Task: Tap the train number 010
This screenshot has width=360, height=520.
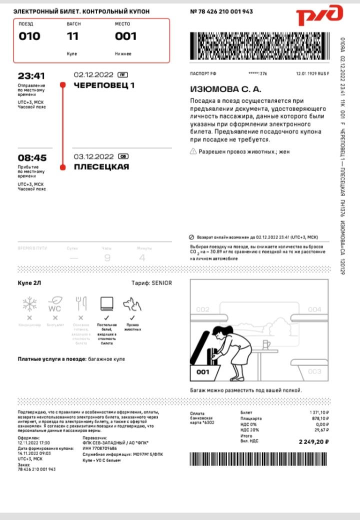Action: [x=29, y=36]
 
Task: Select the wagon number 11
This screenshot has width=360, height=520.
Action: [x=73, y=36]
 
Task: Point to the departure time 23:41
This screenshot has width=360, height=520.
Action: [x=31, y=76]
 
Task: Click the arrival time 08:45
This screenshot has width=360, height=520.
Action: [x=31, y=158]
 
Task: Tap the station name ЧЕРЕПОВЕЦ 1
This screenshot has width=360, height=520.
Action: [x=104, y=85]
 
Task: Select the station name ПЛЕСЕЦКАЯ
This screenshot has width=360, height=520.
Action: [x=101, y=167]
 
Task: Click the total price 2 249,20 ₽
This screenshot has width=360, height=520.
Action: [x=313, y=442]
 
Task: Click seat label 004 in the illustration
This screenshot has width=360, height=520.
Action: [x=314, y=309]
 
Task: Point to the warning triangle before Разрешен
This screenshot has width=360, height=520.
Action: [x=193, y=151]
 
